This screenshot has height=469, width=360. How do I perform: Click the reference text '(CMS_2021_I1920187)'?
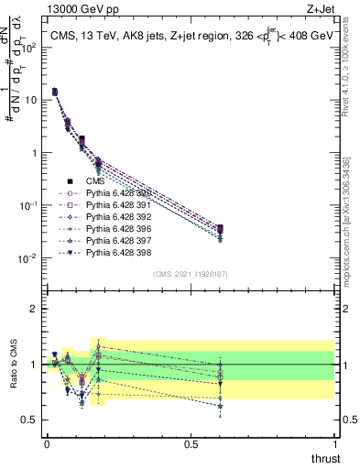(191, 274)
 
